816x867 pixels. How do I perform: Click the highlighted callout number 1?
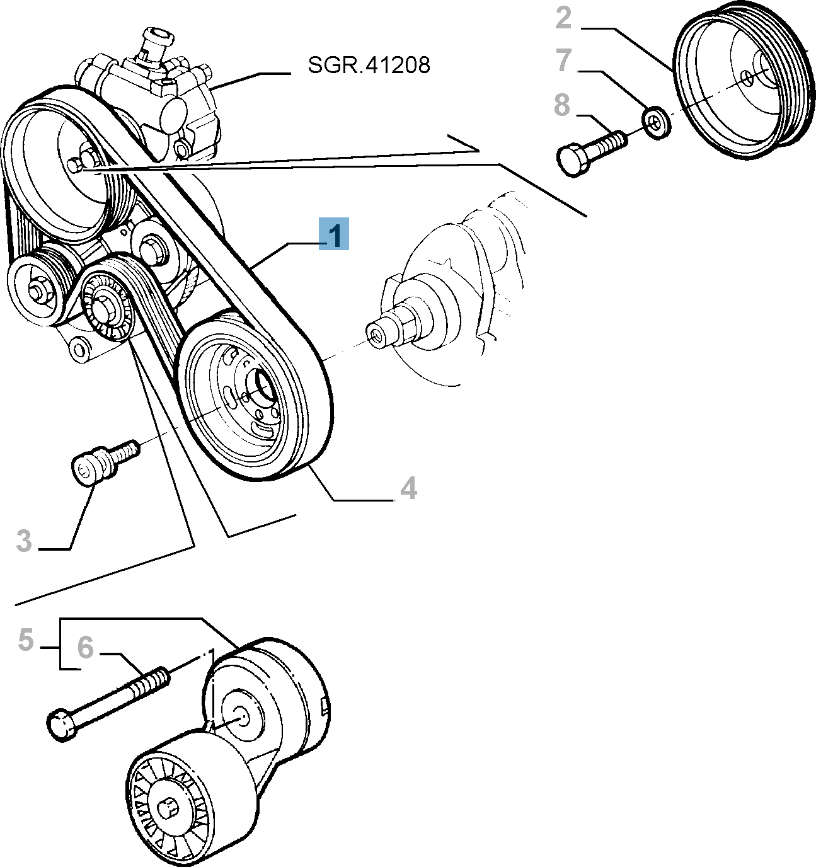point(334,234)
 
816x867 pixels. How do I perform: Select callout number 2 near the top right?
point(563,18)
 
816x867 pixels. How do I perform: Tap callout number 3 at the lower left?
point(24,541)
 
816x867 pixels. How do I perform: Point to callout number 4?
point(408,488)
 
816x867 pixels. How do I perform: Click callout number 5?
point(26,640)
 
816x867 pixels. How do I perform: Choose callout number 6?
point(85,647)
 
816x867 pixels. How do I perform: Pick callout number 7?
point(563,60)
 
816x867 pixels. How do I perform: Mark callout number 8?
point(562,105)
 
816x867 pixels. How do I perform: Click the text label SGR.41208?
point(369,65)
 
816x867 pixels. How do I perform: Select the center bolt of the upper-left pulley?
point(78,165)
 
